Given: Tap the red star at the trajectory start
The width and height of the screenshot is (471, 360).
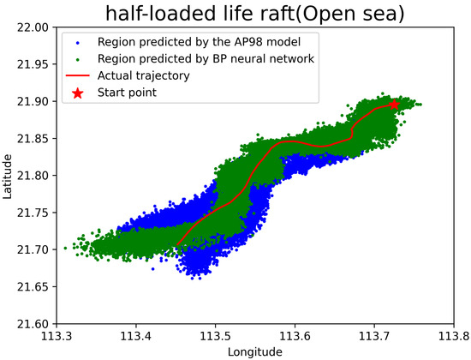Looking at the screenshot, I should point(394,105).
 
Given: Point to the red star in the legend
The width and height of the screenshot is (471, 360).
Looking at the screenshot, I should point(78,92).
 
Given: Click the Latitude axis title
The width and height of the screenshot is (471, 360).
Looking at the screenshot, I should point(8,175).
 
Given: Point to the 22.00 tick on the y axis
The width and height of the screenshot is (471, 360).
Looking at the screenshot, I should point(33,27).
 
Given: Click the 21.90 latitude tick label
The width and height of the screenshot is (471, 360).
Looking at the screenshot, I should point(33,101).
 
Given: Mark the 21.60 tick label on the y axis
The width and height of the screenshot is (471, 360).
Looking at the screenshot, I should point(33,323).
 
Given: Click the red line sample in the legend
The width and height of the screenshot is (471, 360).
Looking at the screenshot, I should point(78,75).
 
